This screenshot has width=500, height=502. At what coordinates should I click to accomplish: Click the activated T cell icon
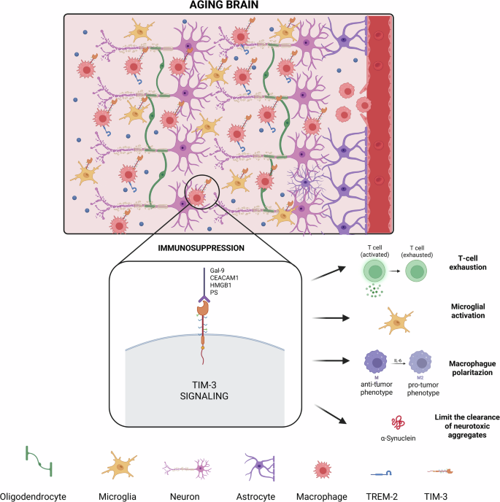click(x=375, y=273)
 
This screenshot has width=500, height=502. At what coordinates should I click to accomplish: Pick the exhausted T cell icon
click(x=419, y=273)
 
